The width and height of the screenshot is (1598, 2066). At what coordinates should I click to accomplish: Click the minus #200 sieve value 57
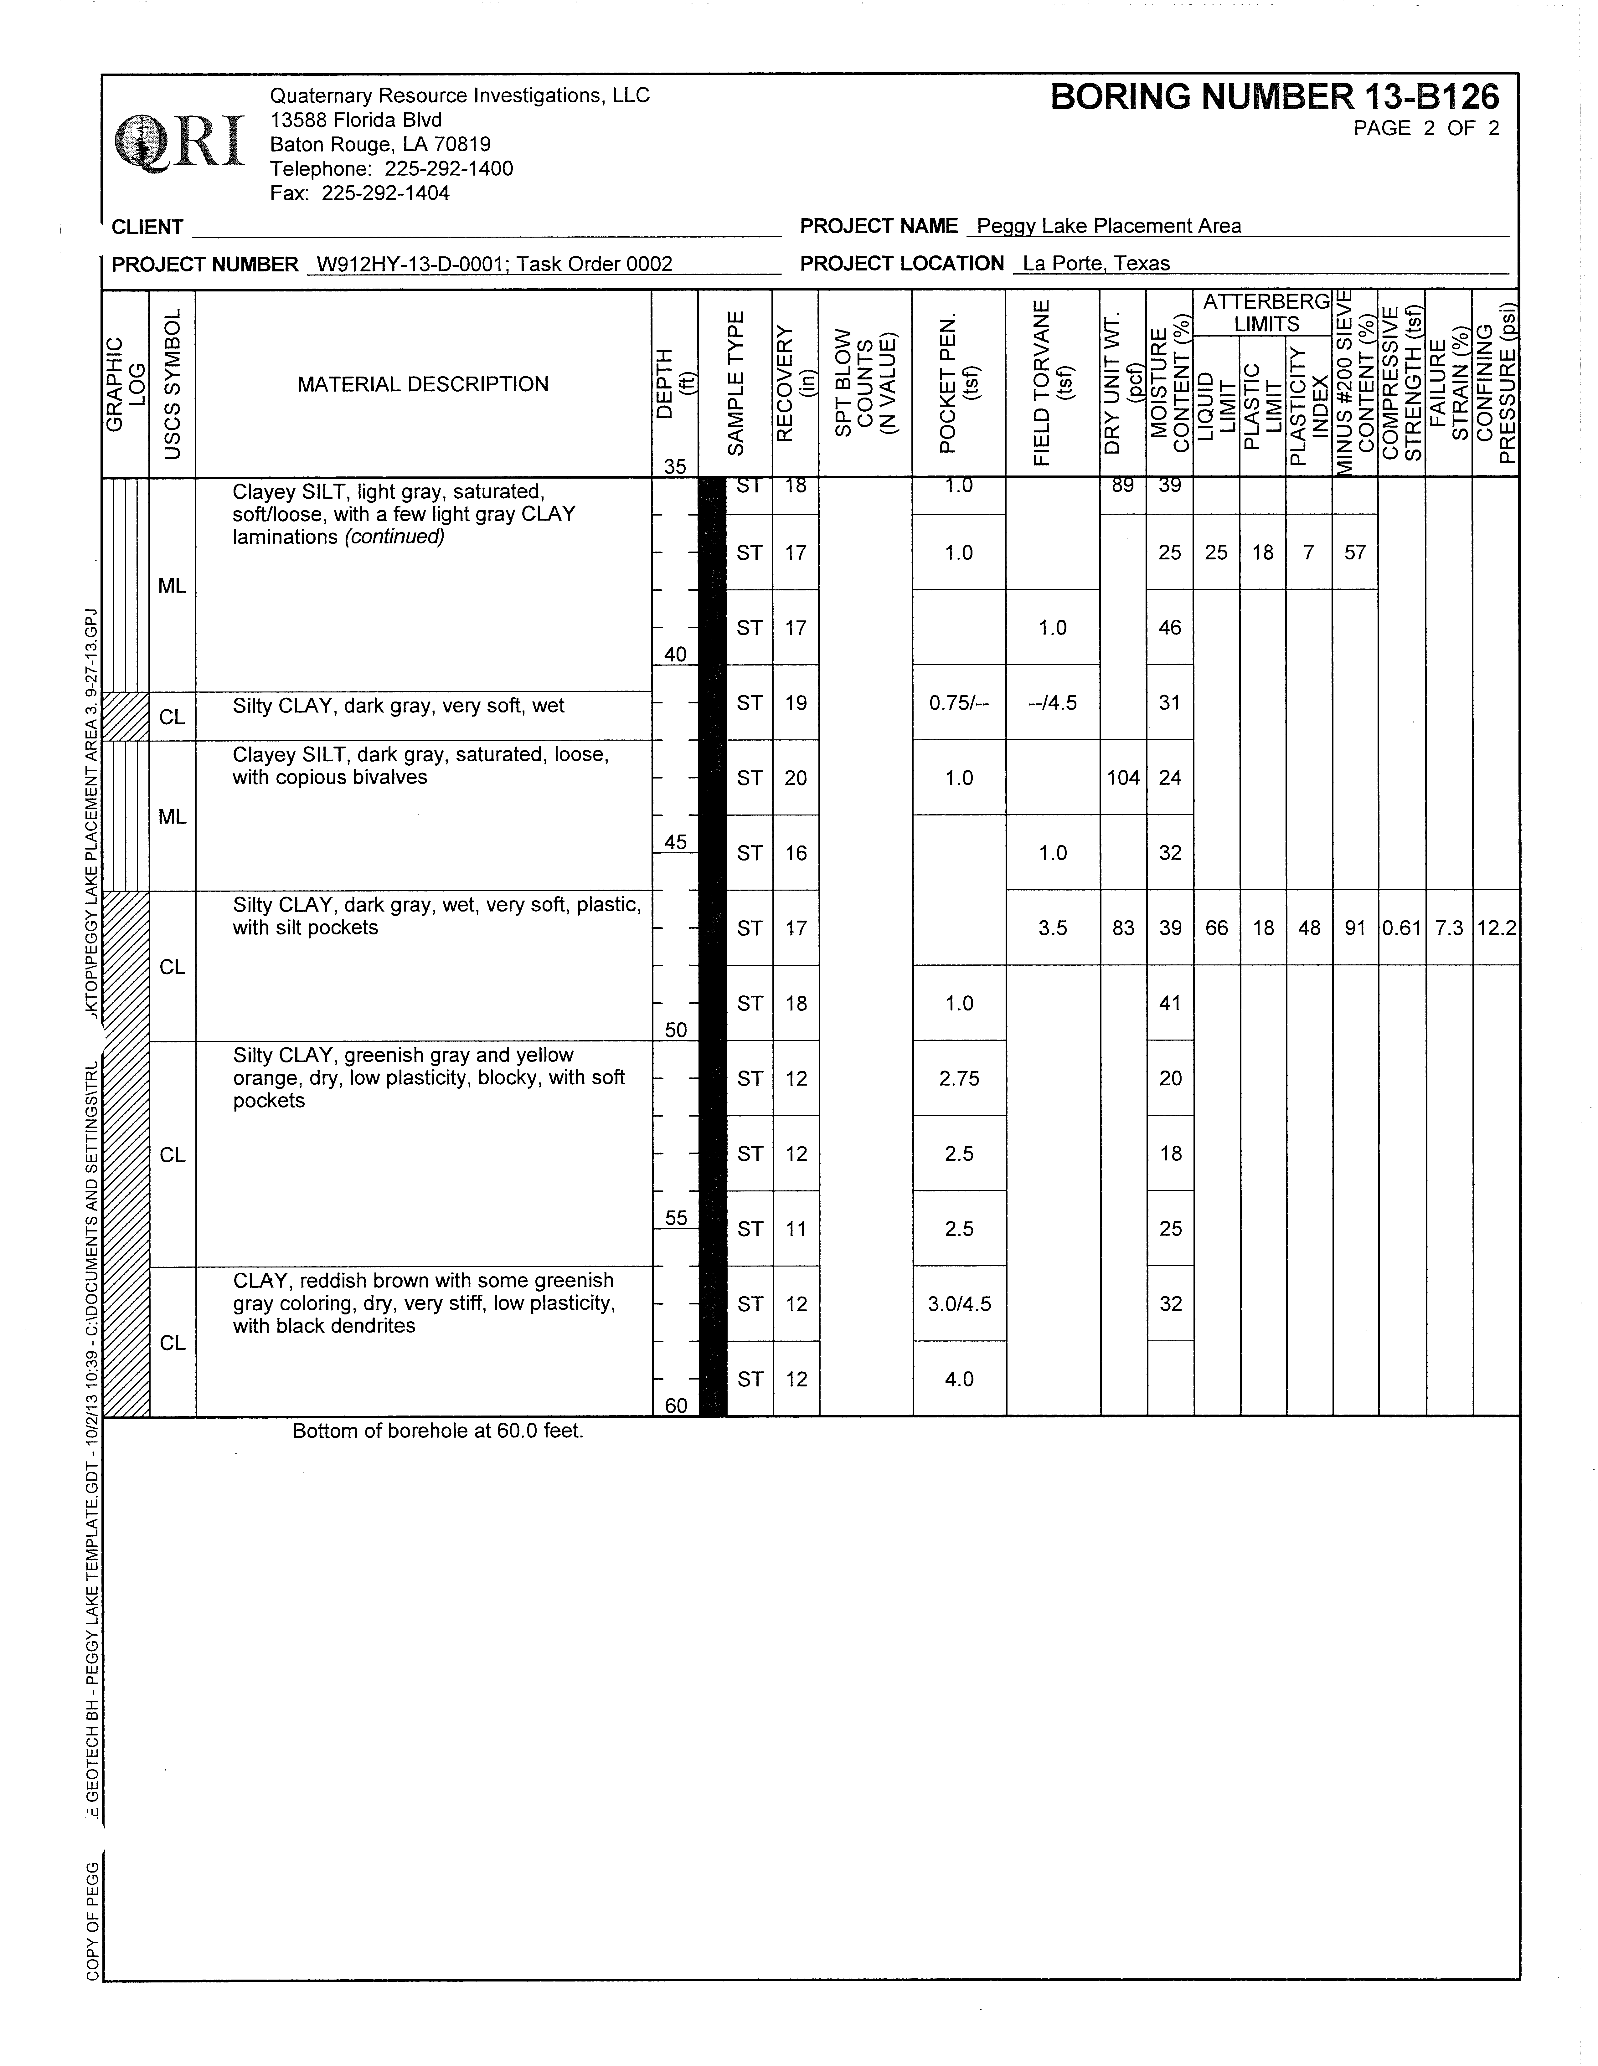click(x=1355, y=552)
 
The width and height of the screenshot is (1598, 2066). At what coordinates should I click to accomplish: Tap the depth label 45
click(x=676, y=842)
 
